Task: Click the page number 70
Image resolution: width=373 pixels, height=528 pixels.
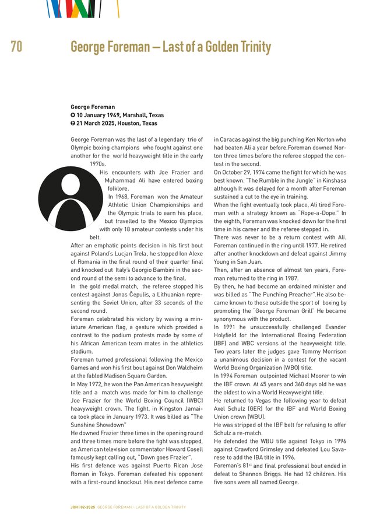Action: coord(16,47)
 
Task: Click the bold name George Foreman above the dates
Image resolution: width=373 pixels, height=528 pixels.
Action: coord(93,107)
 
